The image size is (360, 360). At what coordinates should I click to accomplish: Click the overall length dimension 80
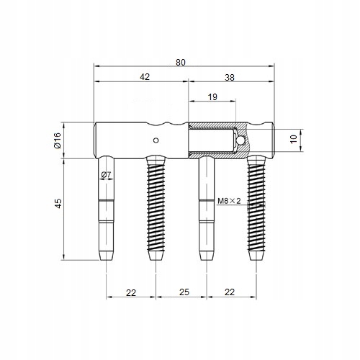coord(181,63)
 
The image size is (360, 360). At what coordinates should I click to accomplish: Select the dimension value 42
coord(145,76)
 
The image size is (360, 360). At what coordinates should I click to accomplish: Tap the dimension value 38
coord(230,78)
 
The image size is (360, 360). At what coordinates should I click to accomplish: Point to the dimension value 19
coord(212,97)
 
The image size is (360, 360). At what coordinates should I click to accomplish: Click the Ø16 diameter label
coord(58,140)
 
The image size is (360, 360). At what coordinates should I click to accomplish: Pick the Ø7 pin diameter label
coord(106,174)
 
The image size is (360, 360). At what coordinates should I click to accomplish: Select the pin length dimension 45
coord(58,204)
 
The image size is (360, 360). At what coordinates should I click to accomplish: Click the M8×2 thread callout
coord(229,201)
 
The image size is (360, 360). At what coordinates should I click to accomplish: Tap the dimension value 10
coord(294,139)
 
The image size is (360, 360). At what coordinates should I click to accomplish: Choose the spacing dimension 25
coord(184,292)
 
